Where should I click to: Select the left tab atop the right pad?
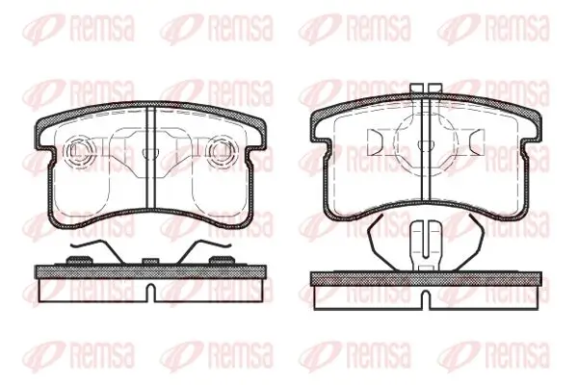pyautogui.click(x=416, y=88)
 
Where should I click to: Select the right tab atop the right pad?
pyautogui.click(x=435, y=88)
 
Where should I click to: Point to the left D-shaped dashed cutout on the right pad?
pyautogui.click(x=376, y=142)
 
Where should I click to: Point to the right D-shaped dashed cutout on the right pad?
pyautogui.click(x=475, y=142)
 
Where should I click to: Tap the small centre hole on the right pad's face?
pyautogui.click(x=426, y=144)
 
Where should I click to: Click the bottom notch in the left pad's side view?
pyautogui.click(x=151, y=293)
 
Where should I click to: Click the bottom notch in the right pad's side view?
pyautogui.click(x=426, y=299)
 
